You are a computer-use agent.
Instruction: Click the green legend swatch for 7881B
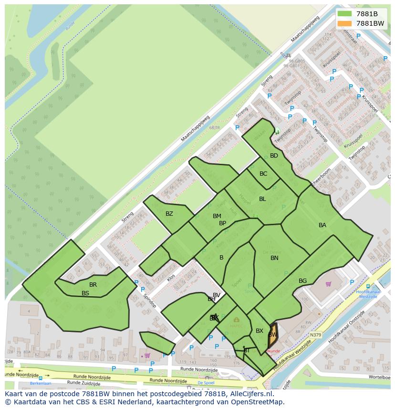[x=343, y=14]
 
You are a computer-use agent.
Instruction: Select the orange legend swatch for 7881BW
[x=343, y=23]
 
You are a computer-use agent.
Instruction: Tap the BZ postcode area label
[x=169, y=214]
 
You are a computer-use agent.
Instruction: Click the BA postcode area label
[x=322, y=225]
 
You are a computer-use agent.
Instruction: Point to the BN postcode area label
[x=274, y=258]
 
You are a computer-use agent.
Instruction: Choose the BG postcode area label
[x=302, y=281]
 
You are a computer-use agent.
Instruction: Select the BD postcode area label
[x=274, y=156]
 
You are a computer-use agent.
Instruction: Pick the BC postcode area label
[x=263, y=174]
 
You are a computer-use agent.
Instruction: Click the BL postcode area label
[x=262, y=199]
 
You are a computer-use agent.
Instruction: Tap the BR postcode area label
[x=93, y=285]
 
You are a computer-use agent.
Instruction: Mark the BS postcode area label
[x=85, y=293]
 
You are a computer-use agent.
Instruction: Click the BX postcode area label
[x=260, y=331]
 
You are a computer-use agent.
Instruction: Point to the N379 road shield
[x=315, y=335]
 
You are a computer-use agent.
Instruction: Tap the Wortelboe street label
[x=379, y=377]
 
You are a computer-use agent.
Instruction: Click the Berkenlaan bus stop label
[x=40, y=383]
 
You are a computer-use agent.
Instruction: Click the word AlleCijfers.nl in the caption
[x=250, y=394]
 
